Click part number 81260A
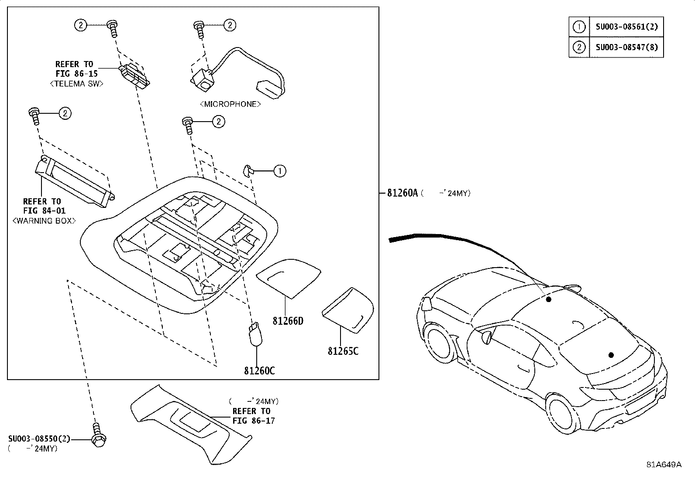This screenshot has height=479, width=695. pos(402,193)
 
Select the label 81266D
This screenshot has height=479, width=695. pos(288,321)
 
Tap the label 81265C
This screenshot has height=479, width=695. pos(343,350)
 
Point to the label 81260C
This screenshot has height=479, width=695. pos(259,370)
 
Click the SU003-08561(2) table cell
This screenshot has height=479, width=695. pos(626,27)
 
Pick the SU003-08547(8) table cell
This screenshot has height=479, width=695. pos(626,47)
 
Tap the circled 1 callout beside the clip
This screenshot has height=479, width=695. pos(280,171)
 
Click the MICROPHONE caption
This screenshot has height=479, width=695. pos(230,104)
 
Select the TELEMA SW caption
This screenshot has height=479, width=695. pos(77,84)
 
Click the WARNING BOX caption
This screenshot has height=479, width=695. pos(44,221)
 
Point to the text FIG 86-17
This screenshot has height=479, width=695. pos(253,421)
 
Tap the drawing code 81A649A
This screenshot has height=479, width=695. pos(664,465)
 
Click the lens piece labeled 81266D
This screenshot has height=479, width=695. pos(289,276)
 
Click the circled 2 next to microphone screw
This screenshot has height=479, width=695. pos(230,25)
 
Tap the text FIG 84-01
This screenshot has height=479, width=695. pos(44,211)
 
